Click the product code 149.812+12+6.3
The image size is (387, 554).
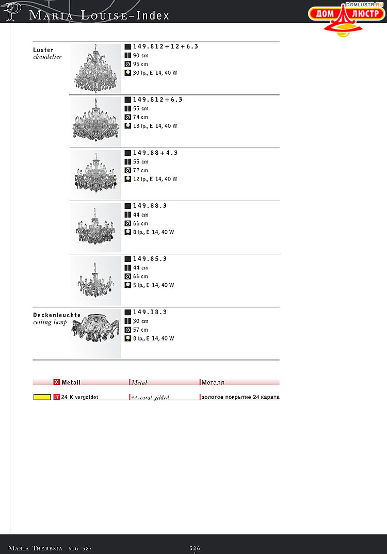[165, 46]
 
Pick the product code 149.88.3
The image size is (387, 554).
[150, 206]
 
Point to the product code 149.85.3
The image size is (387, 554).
[150, 259]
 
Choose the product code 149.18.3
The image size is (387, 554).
[150, 312]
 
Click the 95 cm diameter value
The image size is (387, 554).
[140, 64]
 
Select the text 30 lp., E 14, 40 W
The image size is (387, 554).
[155, 73]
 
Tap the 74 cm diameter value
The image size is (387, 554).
[140, 117]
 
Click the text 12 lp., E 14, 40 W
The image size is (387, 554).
[155, 179]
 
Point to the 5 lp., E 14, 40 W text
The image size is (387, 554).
[153, 285]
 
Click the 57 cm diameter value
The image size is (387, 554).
[140, 330]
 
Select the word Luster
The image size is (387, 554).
[43, 50]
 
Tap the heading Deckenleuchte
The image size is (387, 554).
[57, 315]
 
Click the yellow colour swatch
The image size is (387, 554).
[42, 397]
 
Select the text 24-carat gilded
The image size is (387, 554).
[150, 398]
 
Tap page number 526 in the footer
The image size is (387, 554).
[195, 548]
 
